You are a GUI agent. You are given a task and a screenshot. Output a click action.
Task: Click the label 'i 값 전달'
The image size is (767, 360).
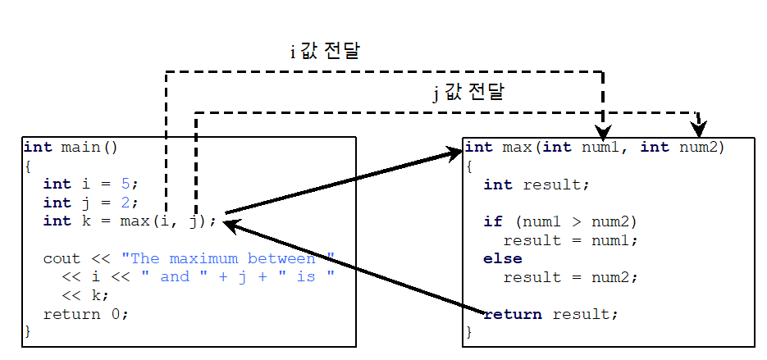(325, 51)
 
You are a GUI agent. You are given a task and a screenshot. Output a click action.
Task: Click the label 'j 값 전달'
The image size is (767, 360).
(468, 92)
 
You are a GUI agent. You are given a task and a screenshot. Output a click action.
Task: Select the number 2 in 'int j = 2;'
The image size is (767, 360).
(125, 202)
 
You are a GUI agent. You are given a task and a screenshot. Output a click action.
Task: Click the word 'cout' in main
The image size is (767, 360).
(62, 257)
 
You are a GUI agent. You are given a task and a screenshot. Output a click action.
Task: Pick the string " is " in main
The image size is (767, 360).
(306, 276)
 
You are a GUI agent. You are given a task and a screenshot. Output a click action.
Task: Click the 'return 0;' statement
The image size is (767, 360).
(86, 313)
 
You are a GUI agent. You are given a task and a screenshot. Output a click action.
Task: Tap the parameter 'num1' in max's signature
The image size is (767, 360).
(601, 147)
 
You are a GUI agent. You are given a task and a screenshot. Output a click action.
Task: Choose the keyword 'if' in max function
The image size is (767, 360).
(492, 221)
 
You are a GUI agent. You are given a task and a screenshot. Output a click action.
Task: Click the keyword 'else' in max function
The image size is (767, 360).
(502, 258)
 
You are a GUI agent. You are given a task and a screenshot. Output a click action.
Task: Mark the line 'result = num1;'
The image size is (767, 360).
(570, 240)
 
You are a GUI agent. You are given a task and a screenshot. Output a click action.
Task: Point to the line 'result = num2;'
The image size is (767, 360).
(570, 277)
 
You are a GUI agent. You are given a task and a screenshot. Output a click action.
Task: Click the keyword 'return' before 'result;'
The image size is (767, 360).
(513, 314)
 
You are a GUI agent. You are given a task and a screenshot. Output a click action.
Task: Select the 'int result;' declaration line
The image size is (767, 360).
(536, 185)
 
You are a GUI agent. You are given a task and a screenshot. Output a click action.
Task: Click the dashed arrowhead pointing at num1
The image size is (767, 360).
(603, 133)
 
